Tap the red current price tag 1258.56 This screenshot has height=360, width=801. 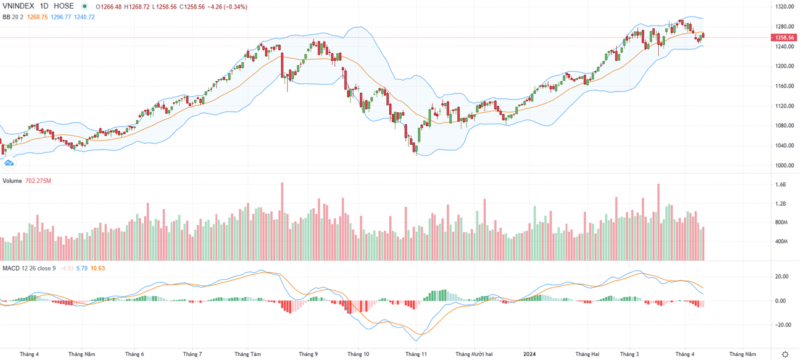coord(785,38)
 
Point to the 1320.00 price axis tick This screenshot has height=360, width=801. coord(784,7)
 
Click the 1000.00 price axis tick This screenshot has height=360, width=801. coord(784,165)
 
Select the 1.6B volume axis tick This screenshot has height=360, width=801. coord(781,185)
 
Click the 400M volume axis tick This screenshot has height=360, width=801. coord(781,241)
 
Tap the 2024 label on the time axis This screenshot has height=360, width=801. coord(529,353)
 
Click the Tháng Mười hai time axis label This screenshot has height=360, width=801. coord(474,353)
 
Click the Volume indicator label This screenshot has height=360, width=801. coord(14,181)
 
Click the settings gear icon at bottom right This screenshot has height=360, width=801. coord(784,353)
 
